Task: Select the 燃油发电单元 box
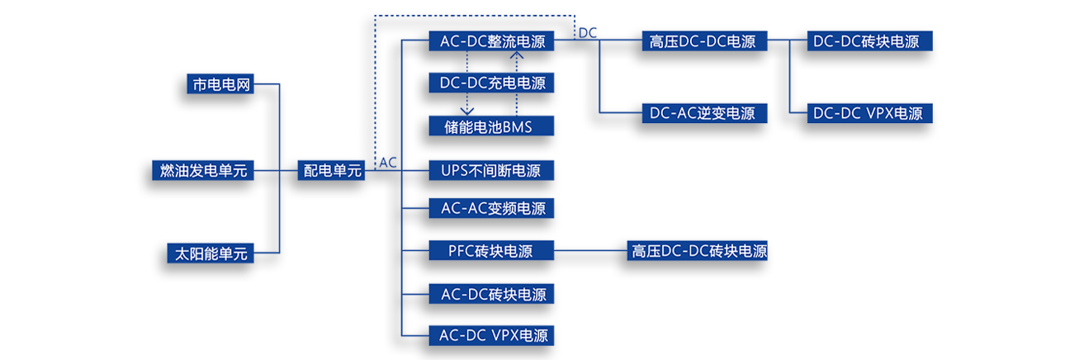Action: pos(203,171)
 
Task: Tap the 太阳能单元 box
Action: pos(211,253)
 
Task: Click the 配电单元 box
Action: pos(333,171)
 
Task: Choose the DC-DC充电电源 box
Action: pos(492,83)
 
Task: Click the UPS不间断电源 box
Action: pos(492,171)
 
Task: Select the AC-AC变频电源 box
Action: pos(492,209)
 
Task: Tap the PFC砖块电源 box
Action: pos(492,250)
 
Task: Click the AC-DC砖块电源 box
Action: pos(492,294)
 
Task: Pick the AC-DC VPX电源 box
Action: pos(492,334)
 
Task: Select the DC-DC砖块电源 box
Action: pos(866,40)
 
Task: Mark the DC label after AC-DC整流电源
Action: pos(588,32)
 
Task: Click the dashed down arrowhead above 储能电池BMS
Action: pos(467,110)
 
